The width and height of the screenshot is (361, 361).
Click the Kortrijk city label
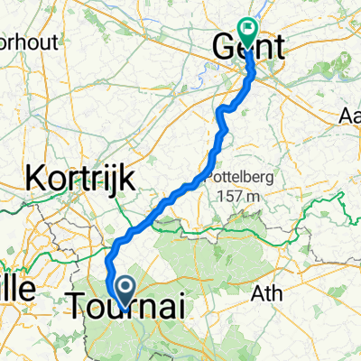81,179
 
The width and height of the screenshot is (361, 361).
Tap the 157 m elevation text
236,195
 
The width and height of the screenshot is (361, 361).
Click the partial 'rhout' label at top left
19,42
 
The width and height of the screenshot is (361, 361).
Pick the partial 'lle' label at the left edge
15,290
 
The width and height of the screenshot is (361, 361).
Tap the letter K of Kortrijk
39,179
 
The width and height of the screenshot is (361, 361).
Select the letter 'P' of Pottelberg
212,177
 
